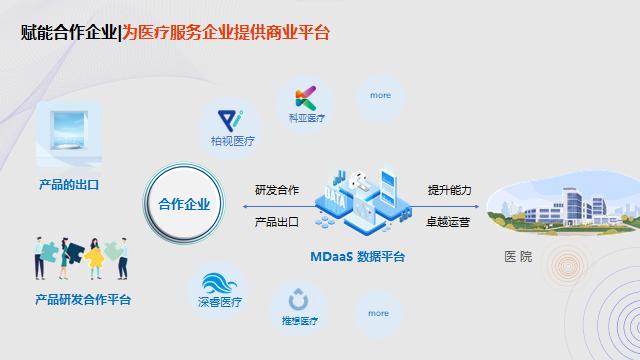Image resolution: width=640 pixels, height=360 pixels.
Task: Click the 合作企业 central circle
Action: pyautogui.click(x=184, y=204)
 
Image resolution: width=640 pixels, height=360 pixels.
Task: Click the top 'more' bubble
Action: pyautogui.click(x=380, y=96)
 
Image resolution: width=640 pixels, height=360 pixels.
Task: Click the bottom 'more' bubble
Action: pyautogui.click(x=378, y=313)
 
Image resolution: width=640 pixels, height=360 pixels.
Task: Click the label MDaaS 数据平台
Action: pyautogui.click(x=357, y=257)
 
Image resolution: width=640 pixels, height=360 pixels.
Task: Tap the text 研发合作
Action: pyautogui.click(x=277, y=190)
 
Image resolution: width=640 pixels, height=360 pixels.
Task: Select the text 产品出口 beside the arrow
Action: pyautogui.click(x=277, y=222)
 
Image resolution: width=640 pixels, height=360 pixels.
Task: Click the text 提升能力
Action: pyautogui.click(x=449, y=190)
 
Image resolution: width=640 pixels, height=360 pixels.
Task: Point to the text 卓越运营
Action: pyautogui.click(x=449, y=222)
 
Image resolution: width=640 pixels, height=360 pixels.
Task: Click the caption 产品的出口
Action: pyautogui.click(x=68, y=185)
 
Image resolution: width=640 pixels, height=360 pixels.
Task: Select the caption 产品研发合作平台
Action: pyautogui.click(x=83, y=299)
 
